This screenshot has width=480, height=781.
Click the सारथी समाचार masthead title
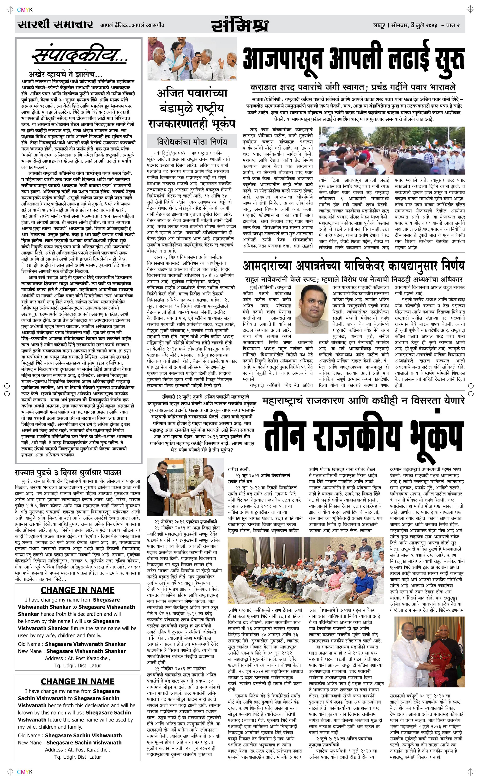[55, 25]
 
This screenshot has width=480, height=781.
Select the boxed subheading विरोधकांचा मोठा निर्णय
[192, 141]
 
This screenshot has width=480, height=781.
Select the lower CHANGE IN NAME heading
[78, 672]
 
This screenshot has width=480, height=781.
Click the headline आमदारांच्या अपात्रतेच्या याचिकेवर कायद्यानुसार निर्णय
[353, 265]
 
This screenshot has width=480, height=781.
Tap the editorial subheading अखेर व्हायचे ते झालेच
[65, 75]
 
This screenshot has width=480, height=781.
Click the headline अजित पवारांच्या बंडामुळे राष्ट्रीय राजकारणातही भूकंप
[192, 108]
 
